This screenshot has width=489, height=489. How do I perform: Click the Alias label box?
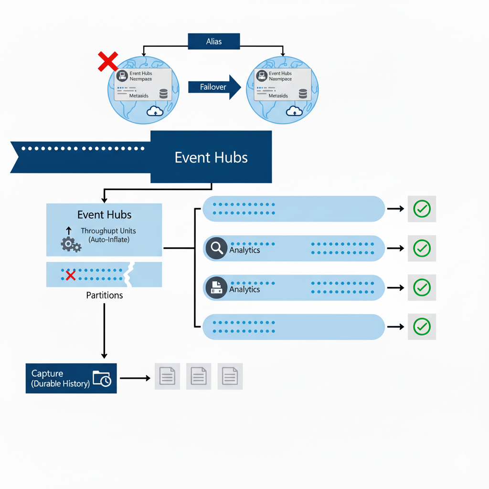tap(213, 42)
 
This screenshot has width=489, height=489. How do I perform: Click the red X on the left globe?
tap(108, 62)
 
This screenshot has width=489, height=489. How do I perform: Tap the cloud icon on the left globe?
tap(155, 111)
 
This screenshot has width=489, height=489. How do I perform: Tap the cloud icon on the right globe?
tap(294, 111)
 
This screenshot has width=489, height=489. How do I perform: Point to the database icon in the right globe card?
tap(303, 94)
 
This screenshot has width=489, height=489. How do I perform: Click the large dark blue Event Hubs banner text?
tap(211, 158)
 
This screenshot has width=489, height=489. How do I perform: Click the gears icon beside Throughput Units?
tap(71, 244)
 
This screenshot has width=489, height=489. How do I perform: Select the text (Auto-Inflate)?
tap(109, 239)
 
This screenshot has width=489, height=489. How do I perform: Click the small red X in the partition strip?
tap(71, 275)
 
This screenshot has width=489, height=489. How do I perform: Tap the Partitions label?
tap(104, 295)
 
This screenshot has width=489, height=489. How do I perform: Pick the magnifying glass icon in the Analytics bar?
tap(216, 248)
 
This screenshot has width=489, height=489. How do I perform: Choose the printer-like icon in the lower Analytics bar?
tap(216, 287)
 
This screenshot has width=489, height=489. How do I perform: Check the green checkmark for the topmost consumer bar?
tap(422, 209)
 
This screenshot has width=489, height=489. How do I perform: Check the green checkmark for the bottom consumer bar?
tap(422, 327)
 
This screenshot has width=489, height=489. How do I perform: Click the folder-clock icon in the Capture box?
tap(102, 378)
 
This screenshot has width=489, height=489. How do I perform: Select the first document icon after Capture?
tap(167, 376)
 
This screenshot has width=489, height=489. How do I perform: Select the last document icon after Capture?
tap(230, 376)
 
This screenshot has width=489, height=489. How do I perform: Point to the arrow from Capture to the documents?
tap(135, 378)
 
